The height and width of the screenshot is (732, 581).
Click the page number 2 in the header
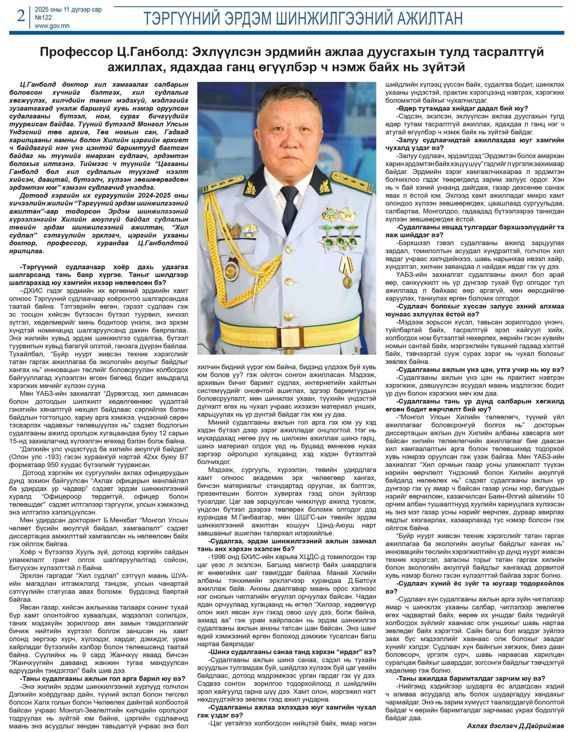pyautogui.click(x=21, y=16)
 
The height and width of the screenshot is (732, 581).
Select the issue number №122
pyautogui.click(x=43, y=18)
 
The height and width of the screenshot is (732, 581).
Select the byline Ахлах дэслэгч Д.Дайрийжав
pyautogui.click(x=515, y=726)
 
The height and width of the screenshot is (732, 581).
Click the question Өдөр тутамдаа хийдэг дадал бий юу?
pyautogui.click(x=462, y=109)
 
